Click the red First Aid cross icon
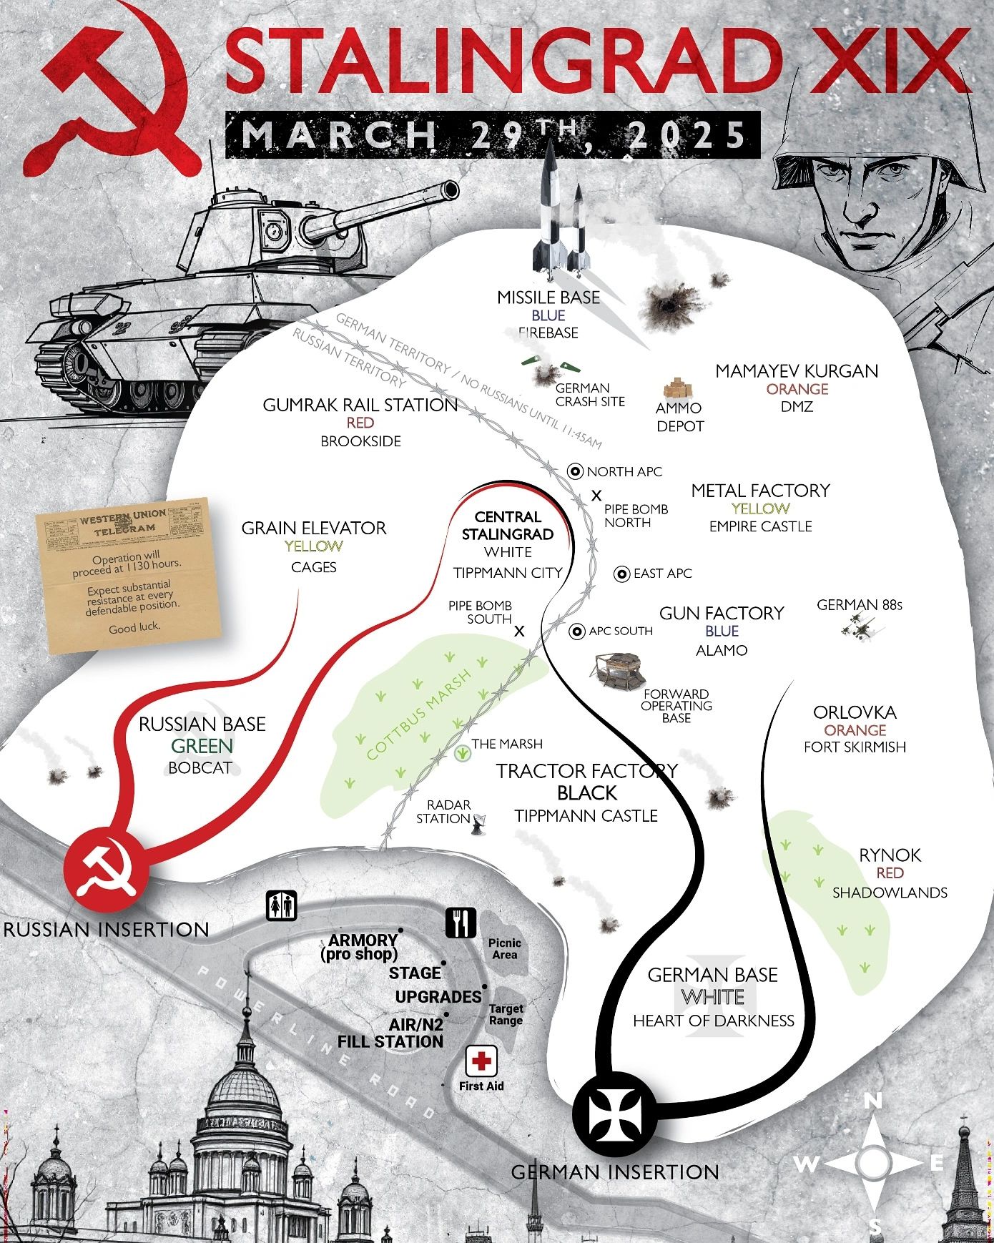click(481, 1061)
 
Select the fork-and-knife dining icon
click(461, 923)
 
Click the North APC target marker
click(576, 471)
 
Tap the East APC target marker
click(622, 574)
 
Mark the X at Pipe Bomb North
click(596, 495)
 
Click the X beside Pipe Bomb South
click(520, 632)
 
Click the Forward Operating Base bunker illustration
click(617, 672)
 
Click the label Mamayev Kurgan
click(797, 371)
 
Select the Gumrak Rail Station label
click(360, 405)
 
